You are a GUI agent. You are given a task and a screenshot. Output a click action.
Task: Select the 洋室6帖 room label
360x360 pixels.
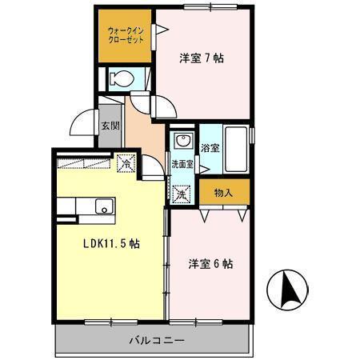click(210, 263)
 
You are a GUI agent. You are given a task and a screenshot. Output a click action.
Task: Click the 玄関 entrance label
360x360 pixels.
click(109, 126)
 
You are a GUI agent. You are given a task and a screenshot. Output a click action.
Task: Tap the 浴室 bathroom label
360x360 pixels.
click(210, 148)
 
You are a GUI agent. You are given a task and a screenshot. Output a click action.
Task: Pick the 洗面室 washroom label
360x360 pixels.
click(182, 164)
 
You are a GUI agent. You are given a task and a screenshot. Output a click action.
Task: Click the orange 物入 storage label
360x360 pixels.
click(223, 192)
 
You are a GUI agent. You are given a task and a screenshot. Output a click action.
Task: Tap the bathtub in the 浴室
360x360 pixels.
click(236, 148)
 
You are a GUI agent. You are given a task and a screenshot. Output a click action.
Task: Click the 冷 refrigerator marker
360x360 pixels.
click(126, 162)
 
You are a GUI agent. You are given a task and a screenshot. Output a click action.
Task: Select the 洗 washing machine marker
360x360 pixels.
click(182, 194)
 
